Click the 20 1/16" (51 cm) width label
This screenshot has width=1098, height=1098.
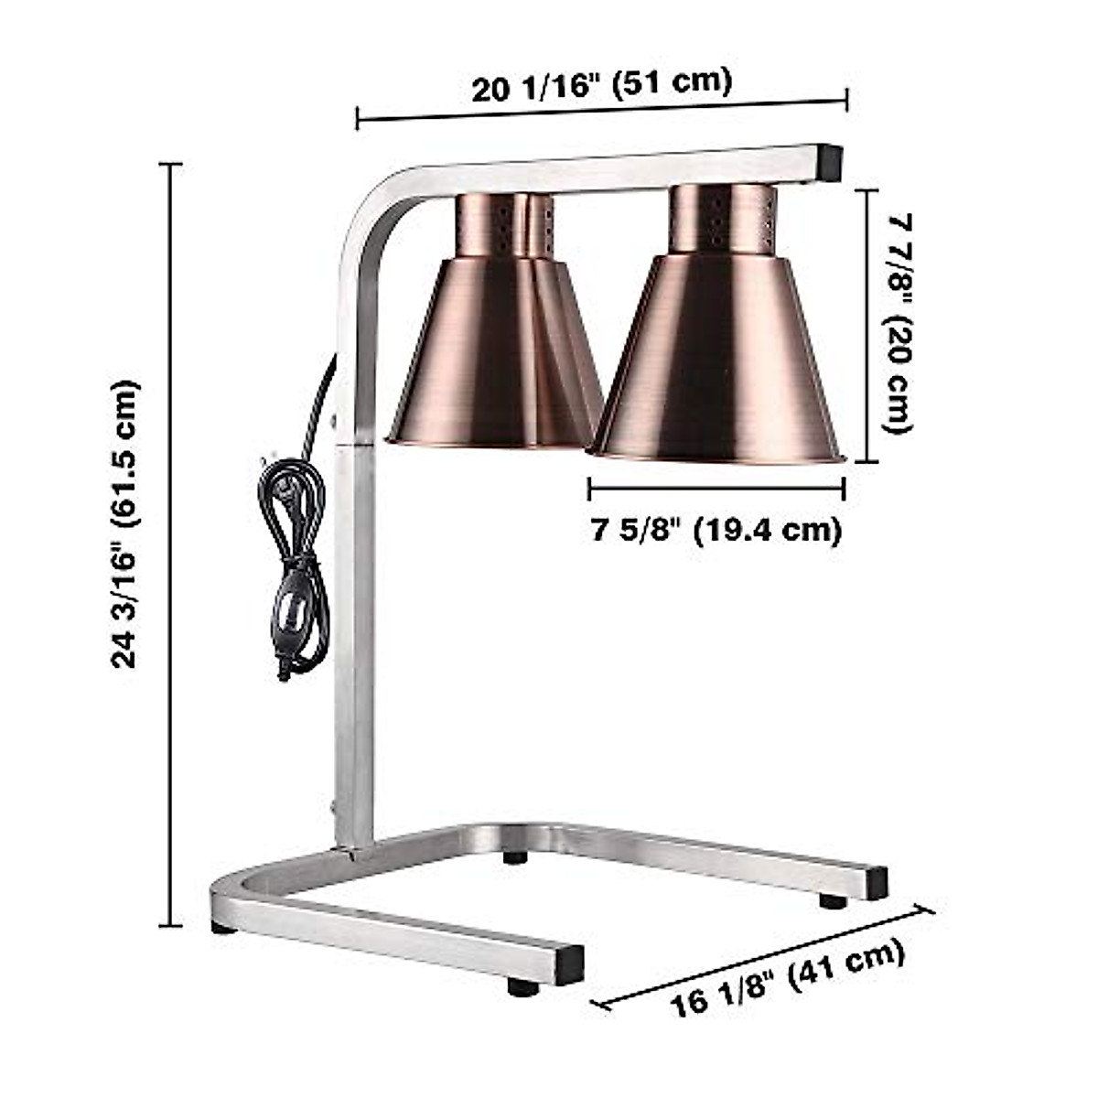[601, 84]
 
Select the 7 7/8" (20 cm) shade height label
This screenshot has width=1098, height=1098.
[900, 325]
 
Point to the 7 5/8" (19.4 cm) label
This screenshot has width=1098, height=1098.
[716, 530]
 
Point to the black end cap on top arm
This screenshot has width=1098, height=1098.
[830, 161]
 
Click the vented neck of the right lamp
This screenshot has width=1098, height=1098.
[723, 220]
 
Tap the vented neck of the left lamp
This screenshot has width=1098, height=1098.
[503, 225]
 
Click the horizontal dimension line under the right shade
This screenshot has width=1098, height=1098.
[716, 488]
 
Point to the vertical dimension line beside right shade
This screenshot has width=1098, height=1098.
[866, 325]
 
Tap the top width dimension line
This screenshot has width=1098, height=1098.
[601, 109]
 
